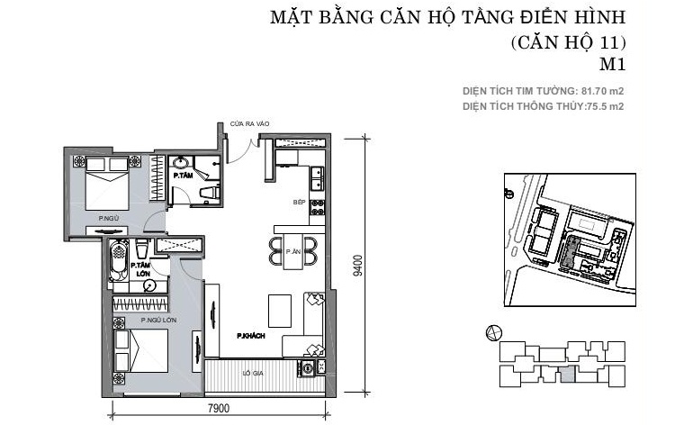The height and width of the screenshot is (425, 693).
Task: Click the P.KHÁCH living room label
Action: [250, 336]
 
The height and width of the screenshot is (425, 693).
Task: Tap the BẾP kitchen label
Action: [299, 202]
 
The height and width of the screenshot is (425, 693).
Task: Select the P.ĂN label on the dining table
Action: [293, 251]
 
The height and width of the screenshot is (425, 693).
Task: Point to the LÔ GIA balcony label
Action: [253, 374]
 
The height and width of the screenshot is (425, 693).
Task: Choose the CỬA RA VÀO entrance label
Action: [249, 124]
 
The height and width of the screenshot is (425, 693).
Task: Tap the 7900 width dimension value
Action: [219, 408]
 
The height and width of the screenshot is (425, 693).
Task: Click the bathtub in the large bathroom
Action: [118, 260]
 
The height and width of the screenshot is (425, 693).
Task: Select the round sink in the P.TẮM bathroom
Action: [180, 163]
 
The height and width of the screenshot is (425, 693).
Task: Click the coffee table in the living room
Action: [280, 311]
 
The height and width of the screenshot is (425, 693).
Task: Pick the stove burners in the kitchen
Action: [317, 207]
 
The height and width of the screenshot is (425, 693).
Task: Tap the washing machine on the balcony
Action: [306, 367]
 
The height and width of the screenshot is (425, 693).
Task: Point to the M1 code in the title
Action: [613, 65]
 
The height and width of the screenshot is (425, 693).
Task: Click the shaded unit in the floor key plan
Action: [568, 375]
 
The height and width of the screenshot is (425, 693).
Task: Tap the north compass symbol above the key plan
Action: [493, 332]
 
